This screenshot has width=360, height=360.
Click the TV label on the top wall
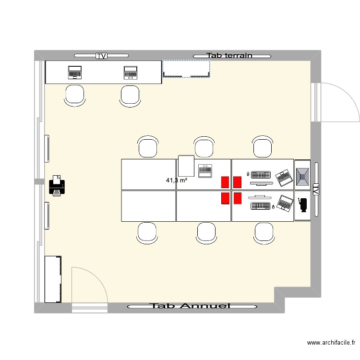point(101,56)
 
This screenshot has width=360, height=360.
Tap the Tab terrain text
point(229,56)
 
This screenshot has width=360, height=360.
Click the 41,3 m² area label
point(176,180)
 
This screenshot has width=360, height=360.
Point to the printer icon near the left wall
point(57,186)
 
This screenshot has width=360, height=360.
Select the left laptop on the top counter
point(75,72)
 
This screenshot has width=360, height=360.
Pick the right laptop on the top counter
point(130,72)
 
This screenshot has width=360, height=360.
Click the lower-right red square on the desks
point(237,198)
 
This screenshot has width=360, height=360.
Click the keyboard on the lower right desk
point(260,206)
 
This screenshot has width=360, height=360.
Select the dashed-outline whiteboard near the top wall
point(187,69)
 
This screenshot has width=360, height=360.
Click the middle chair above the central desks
point(204,146)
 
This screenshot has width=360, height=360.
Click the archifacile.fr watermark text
point(331,343)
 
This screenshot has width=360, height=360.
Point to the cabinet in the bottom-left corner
point(53,279)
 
